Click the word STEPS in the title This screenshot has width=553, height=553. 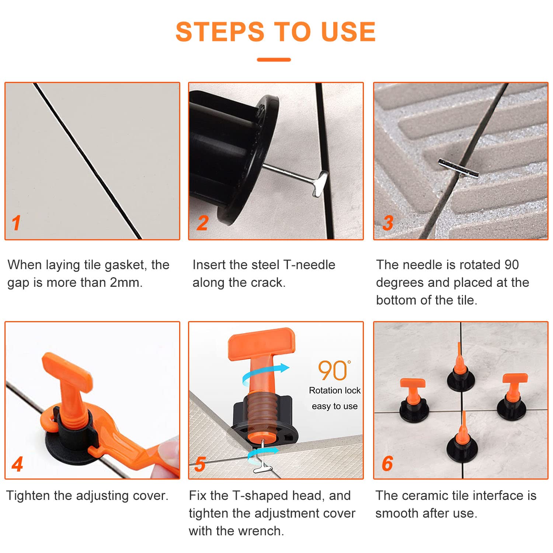coord(220,32)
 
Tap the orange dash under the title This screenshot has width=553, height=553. coord(274,59)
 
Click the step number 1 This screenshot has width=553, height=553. coord(16,223)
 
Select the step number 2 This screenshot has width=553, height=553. coord(202,223)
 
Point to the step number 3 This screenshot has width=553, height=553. coord(387,223)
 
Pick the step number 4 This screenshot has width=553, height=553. coord(17,464)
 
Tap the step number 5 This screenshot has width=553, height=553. coord(200,464)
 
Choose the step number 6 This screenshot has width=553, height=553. coord(387,464)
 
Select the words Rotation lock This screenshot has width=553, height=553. coord(335,390)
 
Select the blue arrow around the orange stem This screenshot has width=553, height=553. coord(265,373)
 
